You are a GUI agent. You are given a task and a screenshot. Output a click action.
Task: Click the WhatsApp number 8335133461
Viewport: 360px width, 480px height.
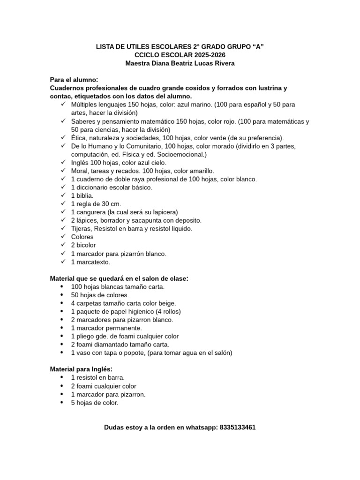[237, 427]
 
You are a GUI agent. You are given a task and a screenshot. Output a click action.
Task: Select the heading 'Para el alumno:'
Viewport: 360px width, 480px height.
[74, 80]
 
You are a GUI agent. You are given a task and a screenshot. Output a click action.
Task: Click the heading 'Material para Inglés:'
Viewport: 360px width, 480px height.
[81, 369]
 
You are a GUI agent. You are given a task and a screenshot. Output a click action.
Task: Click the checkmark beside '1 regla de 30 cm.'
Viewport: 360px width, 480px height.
[63, 203]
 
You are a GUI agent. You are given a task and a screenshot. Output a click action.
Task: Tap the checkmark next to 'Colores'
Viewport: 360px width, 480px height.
[63, 237]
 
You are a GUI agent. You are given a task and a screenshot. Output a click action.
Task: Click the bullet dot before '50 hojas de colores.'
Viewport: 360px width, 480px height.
[63, 295]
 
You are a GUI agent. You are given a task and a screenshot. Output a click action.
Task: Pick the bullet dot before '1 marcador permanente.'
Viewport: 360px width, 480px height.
[63, 328]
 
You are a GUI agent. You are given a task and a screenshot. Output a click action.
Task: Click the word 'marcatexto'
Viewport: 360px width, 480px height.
[92, 262]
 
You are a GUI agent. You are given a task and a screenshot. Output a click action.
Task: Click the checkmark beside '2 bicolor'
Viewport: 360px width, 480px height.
[63, 245]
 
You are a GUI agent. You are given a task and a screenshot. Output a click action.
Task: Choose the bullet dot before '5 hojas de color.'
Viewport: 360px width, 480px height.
[63, 402]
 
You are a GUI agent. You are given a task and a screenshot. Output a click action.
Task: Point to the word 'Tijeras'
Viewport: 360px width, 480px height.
[82, 228]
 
